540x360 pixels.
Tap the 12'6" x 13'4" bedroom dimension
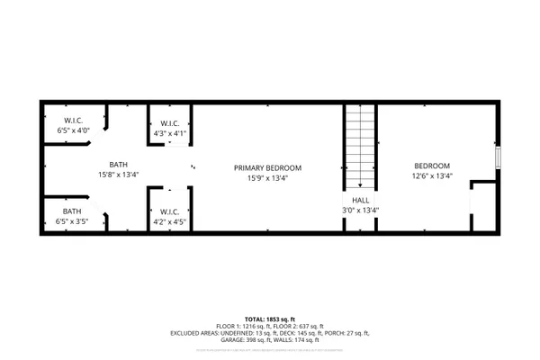pos(432,176)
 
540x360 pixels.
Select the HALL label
pos(360,201)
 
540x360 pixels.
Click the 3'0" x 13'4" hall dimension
pos(360,211)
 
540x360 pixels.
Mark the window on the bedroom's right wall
pos(498,157)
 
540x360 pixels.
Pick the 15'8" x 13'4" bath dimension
pos(119,175)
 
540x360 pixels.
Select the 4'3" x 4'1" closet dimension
pos(169,134)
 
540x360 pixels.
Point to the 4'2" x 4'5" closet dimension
pos(169,220)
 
